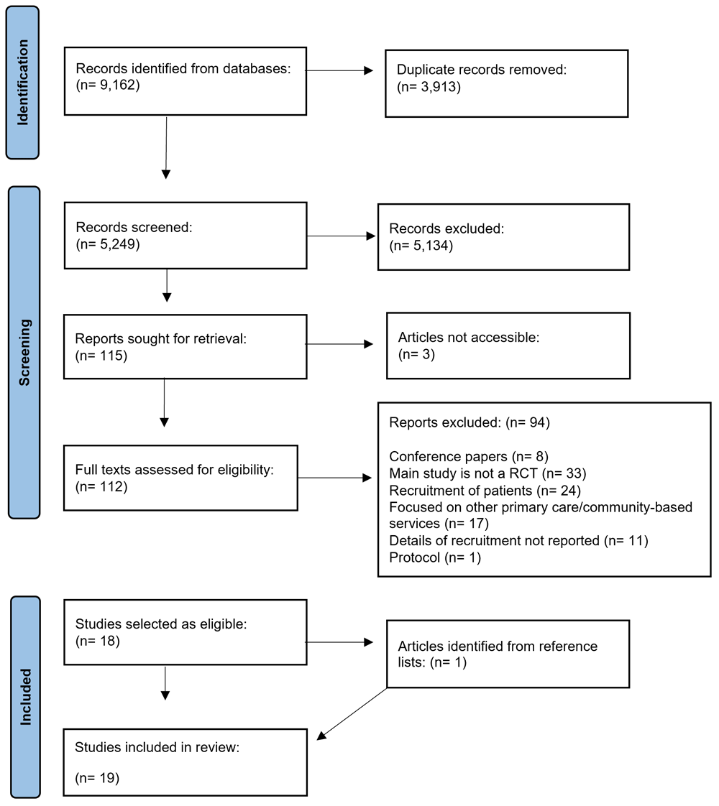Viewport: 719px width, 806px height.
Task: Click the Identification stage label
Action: click(23, 82)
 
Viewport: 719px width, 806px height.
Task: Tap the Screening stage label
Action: click(24, 352)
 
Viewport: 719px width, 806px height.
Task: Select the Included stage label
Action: click(25, 697)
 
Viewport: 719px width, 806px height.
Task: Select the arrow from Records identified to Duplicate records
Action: click(339, 70)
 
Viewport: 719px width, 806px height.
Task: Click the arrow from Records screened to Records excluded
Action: click(341, 236)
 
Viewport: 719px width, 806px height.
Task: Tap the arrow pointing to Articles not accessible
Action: click(339, 344)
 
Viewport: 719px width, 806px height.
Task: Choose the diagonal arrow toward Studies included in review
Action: click(352, 714)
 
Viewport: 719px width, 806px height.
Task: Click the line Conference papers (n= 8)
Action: click(469, 456)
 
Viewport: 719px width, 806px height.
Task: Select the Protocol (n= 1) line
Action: click(435, 557)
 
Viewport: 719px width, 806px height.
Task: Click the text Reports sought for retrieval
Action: click(160, 339)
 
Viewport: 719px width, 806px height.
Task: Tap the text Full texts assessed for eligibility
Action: click(174, 470)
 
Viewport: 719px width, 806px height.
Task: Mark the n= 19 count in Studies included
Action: click(97, 778)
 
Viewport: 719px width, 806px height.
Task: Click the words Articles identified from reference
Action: click(498, 646)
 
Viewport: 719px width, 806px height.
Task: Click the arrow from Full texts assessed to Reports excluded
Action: click(334, 478)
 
